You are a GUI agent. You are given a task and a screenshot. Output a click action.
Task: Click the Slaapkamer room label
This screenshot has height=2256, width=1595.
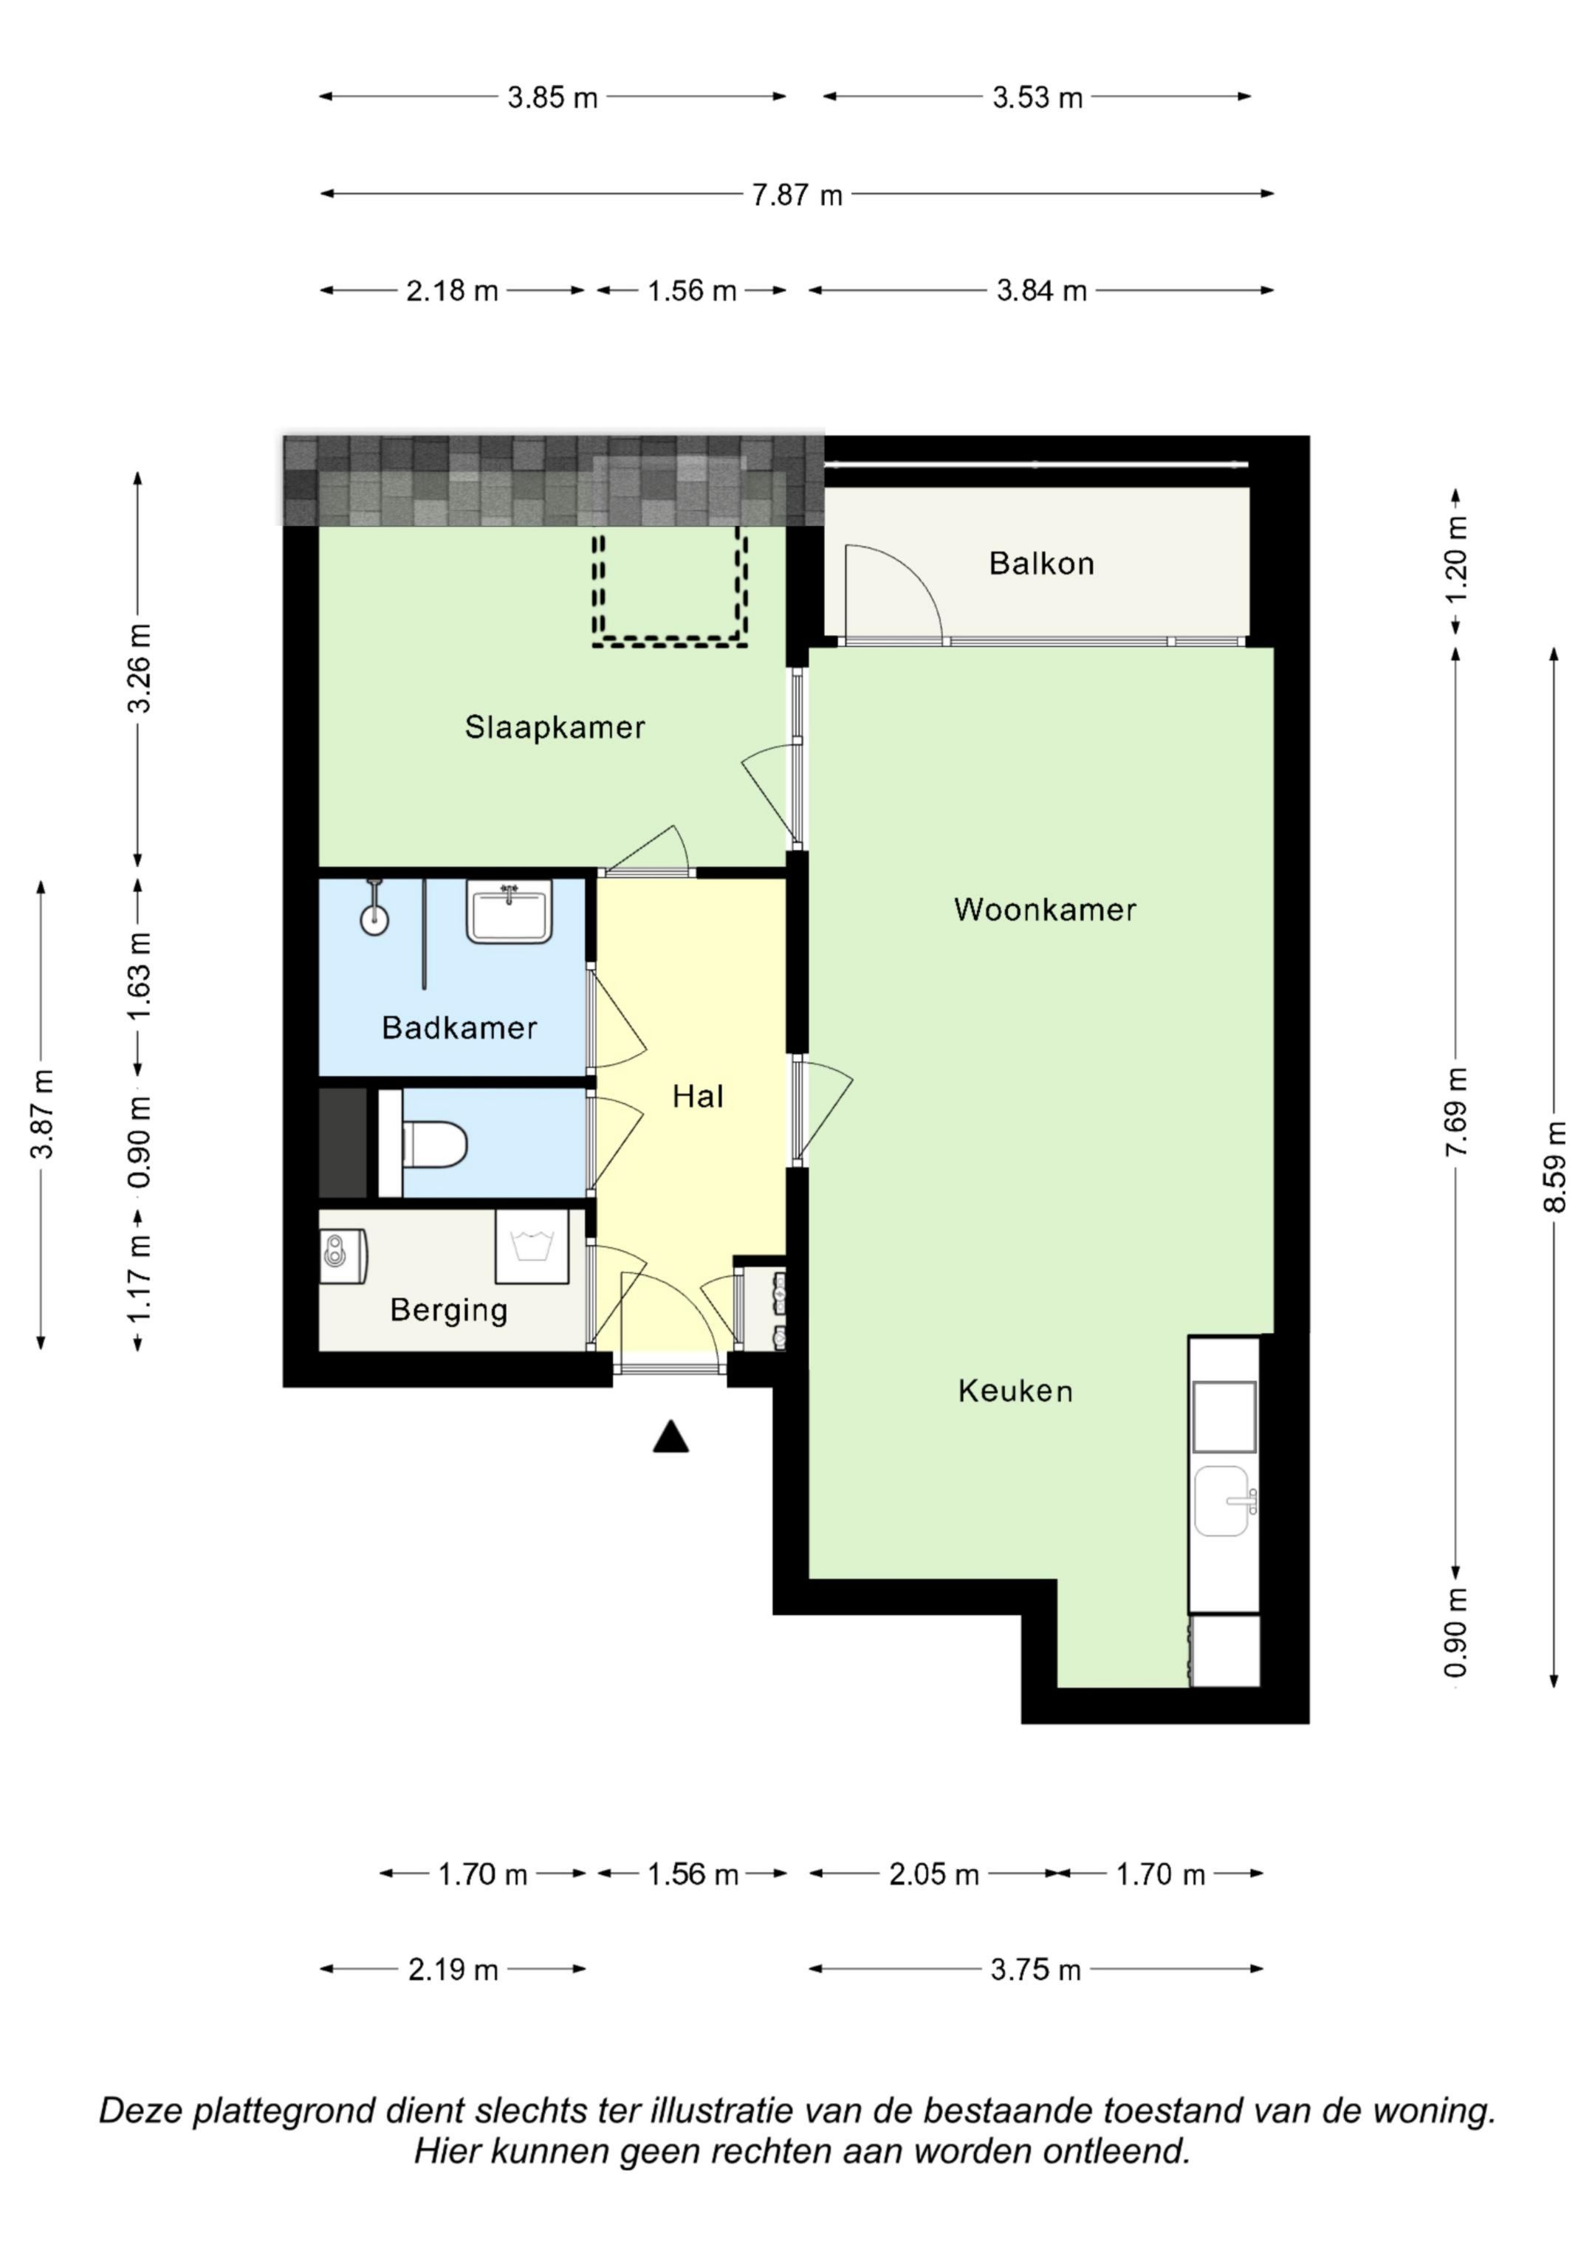555,727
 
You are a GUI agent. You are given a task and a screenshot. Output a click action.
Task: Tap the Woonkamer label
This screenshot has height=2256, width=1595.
1045,909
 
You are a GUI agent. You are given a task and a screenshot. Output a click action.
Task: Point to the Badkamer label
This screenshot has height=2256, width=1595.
459,1028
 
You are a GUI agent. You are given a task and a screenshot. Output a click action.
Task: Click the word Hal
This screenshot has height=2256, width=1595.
698,1096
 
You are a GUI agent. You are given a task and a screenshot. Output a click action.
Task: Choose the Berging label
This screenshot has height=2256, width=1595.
448,1310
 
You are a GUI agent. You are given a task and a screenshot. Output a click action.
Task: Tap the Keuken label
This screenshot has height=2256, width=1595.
1015,1391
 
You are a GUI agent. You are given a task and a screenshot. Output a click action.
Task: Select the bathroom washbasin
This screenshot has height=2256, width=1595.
509,912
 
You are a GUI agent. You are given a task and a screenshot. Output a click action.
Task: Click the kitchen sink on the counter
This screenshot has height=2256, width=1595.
1224,1501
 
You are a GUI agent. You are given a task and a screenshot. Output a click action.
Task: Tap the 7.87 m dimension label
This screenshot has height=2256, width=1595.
797,194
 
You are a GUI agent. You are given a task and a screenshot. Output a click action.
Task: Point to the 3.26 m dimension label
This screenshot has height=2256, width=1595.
140,668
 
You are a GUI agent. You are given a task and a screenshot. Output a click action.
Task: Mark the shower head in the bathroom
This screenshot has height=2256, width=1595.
374,919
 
